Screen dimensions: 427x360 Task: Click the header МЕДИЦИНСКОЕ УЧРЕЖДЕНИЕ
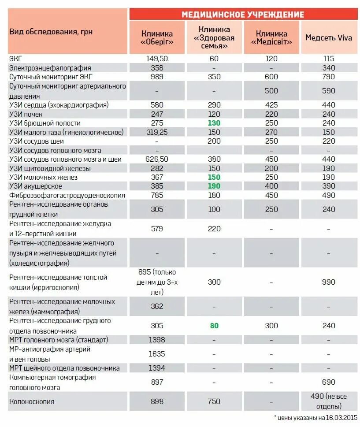(243, 15)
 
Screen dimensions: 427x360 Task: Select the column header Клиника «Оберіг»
(157, 37)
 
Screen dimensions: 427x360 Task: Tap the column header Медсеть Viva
(329, 37)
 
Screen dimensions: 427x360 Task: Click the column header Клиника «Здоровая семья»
(214, 37)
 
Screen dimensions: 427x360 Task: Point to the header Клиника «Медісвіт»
(271, 37)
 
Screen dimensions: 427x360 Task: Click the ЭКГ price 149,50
(157, 59)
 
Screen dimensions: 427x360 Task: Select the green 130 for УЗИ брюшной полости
(214, 123)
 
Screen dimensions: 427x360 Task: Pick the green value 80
(214, 326)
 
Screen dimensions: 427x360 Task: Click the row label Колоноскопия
(32, 401)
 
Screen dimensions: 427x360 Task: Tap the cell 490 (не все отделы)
(329, 401)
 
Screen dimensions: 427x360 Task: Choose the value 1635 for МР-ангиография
(157, 353)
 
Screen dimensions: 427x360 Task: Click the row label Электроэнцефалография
(50, 68)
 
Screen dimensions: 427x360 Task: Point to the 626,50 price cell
(157, 159)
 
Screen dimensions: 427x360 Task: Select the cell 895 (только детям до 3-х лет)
(157, 282)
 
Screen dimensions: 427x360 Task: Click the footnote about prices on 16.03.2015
(315, 417)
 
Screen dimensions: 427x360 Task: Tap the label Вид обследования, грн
(51, 32)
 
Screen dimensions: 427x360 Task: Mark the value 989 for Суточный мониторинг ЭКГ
(157, 77)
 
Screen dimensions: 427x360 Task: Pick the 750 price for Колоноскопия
(214, 401)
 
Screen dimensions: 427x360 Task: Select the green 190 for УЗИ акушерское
(214, 186)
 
